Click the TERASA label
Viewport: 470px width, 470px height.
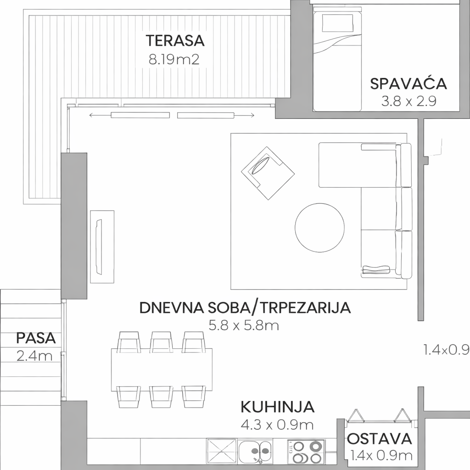coord(175,41)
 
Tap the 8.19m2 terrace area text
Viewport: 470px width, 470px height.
coord(174,60)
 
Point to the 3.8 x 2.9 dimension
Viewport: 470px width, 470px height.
coord(408,101)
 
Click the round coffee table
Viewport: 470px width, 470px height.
coord(319,227)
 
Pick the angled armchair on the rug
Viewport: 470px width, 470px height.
coord(268,173)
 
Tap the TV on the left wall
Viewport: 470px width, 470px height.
coord(99,246)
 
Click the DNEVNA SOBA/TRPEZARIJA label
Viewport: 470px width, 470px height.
coord(245,308)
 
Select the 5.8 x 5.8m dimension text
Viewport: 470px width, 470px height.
coord(244,325)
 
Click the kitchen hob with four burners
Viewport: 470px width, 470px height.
coord(306,452)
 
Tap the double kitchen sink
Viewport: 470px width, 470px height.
coord(256,451)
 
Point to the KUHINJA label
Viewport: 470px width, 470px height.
coord(277,407)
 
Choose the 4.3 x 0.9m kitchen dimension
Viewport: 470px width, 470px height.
coord(277,425)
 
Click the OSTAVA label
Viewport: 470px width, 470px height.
coord(380,439)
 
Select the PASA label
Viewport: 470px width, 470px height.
coord(36,338)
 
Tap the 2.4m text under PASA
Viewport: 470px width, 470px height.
coord(34,356)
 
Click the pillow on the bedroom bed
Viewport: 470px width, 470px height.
coord(338,22)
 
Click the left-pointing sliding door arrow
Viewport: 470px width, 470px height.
coord(100,115)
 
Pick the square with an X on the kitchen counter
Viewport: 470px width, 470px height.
coord(222,452)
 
